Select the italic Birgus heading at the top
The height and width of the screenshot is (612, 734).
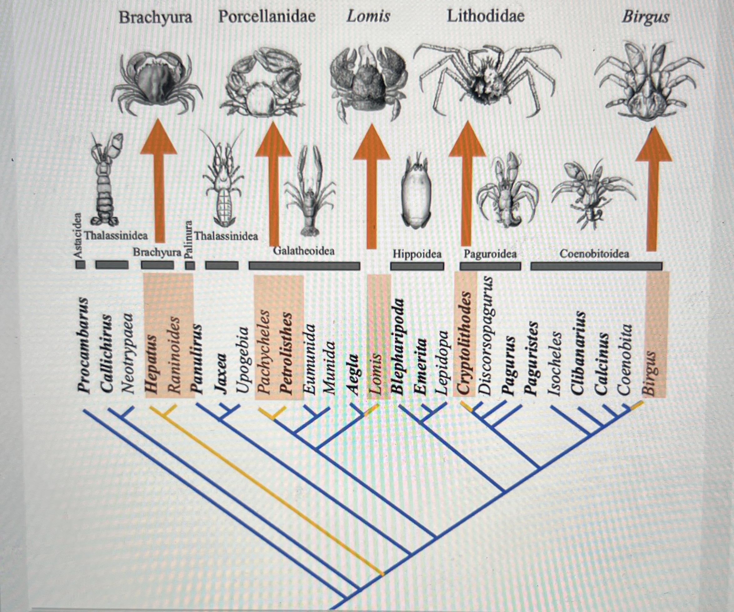(x=645, y=17)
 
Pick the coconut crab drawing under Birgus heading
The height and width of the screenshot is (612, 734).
(x=648, y=82)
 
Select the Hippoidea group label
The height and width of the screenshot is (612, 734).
(x=417, y=254)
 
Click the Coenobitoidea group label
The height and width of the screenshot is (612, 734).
(x=594, y=254)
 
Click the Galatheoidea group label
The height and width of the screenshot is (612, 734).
(x=304, y=251)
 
